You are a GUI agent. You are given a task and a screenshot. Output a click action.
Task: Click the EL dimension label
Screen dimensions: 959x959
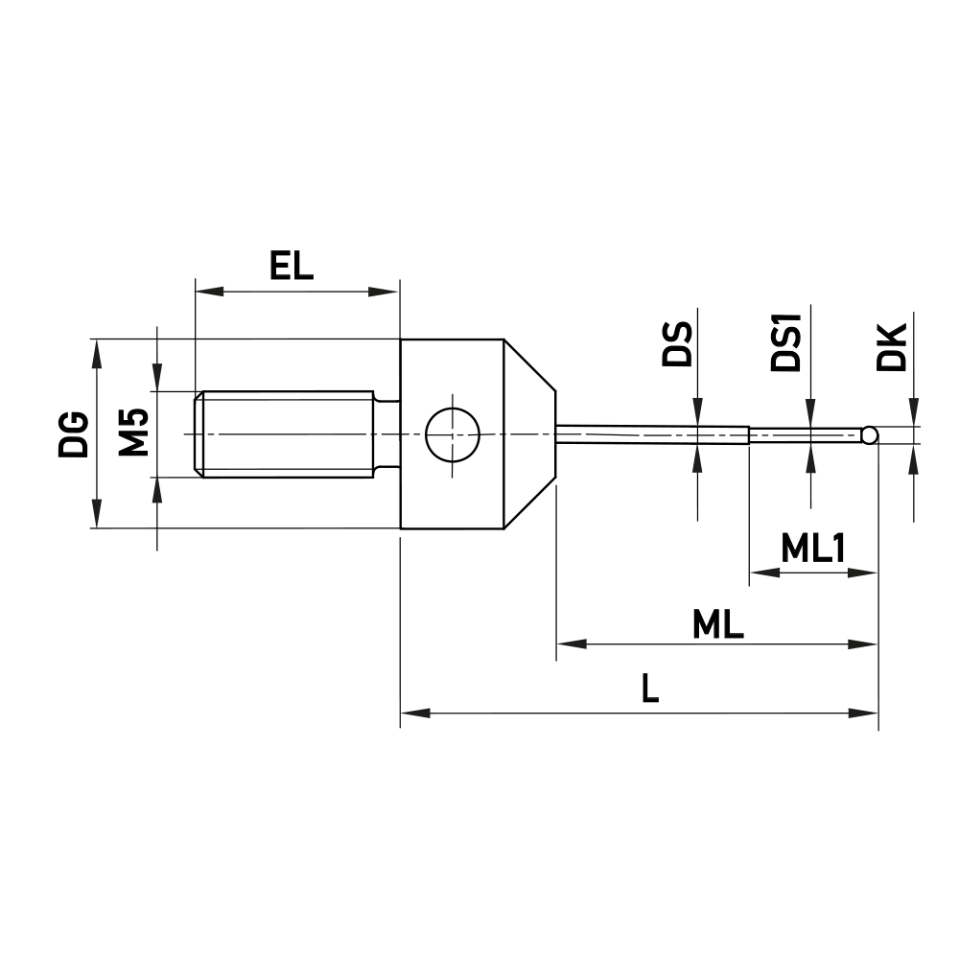292,267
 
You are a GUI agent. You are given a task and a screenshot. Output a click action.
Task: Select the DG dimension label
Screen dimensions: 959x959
74,433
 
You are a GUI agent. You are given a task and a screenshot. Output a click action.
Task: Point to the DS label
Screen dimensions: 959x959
678,345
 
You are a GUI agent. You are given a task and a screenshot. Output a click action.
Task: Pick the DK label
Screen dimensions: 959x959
891,347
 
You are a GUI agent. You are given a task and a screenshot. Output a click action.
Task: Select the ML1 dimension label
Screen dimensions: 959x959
812,549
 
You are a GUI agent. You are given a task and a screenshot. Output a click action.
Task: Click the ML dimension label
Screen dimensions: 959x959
718,626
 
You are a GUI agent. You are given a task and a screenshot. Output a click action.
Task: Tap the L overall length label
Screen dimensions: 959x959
650,690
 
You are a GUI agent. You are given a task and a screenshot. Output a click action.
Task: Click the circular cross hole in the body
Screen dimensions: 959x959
452,433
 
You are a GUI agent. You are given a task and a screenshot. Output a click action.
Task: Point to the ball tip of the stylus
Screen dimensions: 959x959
869,435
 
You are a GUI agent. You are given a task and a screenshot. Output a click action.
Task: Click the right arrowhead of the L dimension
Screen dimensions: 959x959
867,713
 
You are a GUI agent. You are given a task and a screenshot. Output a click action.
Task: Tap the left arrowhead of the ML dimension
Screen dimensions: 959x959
567,643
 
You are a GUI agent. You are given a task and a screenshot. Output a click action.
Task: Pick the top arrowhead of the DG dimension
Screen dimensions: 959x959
96,348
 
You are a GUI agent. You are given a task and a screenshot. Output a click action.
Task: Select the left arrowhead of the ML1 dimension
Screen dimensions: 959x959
760,573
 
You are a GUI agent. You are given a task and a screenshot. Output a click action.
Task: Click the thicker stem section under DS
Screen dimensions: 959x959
652,434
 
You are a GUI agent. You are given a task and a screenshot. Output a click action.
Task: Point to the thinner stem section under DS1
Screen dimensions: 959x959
806,435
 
